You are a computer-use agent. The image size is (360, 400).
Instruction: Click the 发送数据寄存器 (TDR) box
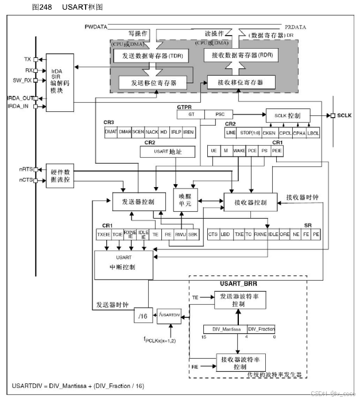click(x=148, y=56)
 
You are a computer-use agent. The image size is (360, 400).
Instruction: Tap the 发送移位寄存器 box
click(x=154, y=83)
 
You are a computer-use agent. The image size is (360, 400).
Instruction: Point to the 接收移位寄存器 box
click(x=241, y=83)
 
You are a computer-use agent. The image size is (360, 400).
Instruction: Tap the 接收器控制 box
click(x=250, y=203)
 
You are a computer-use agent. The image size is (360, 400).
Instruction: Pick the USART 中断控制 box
click(x=123, y=265)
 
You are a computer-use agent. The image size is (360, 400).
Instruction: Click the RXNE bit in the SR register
click(x=260, y=235)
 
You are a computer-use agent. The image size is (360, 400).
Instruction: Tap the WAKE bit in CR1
click(x=239, y=150)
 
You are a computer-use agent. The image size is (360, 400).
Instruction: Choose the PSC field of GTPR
click(x=219, y=114)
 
